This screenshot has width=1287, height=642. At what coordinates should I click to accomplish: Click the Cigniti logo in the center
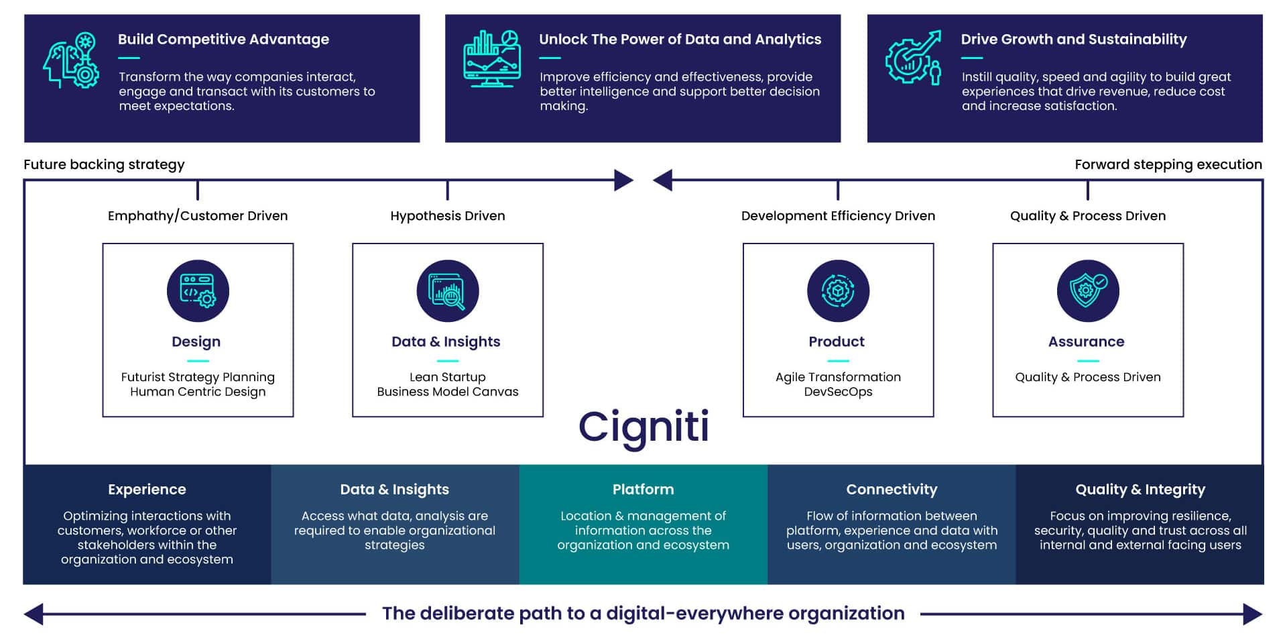643,427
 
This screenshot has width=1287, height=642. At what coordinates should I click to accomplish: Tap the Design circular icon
198,291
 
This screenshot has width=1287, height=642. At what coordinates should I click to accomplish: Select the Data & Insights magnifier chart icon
448,291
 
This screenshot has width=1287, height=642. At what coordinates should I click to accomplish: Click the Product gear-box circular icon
838,291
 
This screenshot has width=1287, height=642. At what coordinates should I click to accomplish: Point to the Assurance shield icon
1088,291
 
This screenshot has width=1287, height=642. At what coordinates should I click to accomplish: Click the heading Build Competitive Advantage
223,40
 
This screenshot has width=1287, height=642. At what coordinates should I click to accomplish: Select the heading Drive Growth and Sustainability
1073,40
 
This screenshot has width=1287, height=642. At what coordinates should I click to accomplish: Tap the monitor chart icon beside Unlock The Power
492,59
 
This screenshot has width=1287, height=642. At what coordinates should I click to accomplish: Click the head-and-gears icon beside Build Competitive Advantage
71,60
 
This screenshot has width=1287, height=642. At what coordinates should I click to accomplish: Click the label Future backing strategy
104,164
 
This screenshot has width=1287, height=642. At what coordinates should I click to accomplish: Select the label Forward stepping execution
1168,164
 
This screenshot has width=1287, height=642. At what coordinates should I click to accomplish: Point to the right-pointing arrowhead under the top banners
623,180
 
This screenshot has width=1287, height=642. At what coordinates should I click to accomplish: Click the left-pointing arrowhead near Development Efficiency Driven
663,180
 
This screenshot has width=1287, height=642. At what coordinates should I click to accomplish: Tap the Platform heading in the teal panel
643,490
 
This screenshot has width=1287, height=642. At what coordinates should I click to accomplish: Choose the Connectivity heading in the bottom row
892,490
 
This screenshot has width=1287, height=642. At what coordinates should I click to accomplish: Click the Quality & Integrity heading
1140,490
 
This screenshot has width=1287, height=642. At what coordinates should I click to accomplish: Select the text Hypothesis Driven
448,216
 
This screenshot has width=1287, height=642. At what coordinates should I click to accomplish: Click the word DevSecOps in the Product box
838,392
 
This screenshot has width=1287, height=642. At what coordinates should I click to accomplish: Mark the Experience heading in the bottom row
147,490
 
